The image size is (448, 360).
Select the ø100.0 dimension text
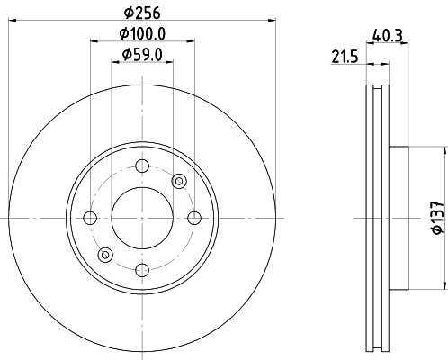142,34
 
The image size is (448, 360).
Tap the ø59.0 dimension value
142,56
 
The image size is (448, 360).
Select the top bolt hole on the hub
141,166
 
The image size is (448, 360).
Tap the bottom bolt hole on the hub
141,269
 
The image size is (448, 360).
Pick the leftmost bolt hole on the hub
90,218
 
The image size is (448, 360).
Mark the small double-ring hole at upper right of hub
178,181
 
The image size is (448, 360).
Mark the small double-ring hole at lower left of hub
105,255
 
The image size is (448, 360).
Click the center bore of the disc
141,218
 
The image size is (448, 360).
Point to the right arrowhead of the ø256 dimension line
271,20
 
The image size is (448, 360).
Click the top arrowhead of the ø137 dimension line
446,149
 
